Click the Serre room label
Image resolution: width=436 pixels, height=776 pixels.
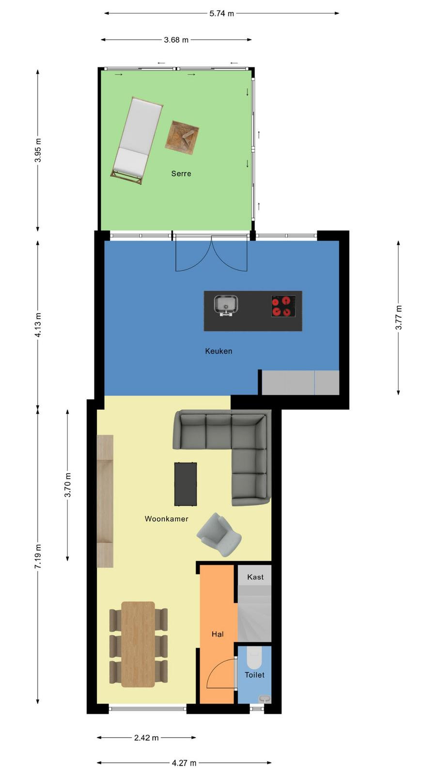181,174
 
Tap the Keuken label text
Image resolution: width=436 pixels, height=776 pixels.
218,351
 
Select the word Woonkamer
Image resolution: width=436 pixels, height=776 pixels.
167,518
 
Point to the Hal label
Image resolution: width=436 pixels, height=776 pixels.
218,634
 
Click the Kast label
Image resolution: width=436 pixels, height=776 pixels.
255,577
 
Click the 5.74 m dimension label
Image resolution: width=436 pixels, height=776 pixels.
222,14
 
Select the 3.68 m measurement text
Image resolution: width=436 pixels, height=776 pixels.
176,40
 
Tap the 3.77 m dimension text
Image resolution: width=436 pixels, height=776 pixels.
399,317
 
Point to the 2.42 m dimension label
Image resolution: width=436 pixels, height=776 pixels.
146,738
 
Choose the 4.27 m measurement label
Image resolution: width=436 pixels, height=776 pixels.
184,763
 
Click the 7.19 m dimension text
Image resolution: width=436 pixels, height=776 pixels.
38,556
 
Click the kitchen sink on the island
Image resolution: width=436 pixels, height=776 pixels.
226,305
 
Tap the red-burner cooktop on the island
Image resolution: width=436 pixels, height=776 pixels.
283,306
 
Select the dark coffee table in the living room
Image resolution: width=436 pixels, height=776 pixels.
186,484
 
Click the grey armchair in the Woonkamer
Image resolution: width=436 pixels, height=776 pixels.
219,534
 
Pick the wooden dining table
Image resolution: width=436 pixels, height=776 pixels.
138,645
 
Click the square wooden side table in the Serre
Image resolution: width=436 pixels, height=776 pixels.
182,138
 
